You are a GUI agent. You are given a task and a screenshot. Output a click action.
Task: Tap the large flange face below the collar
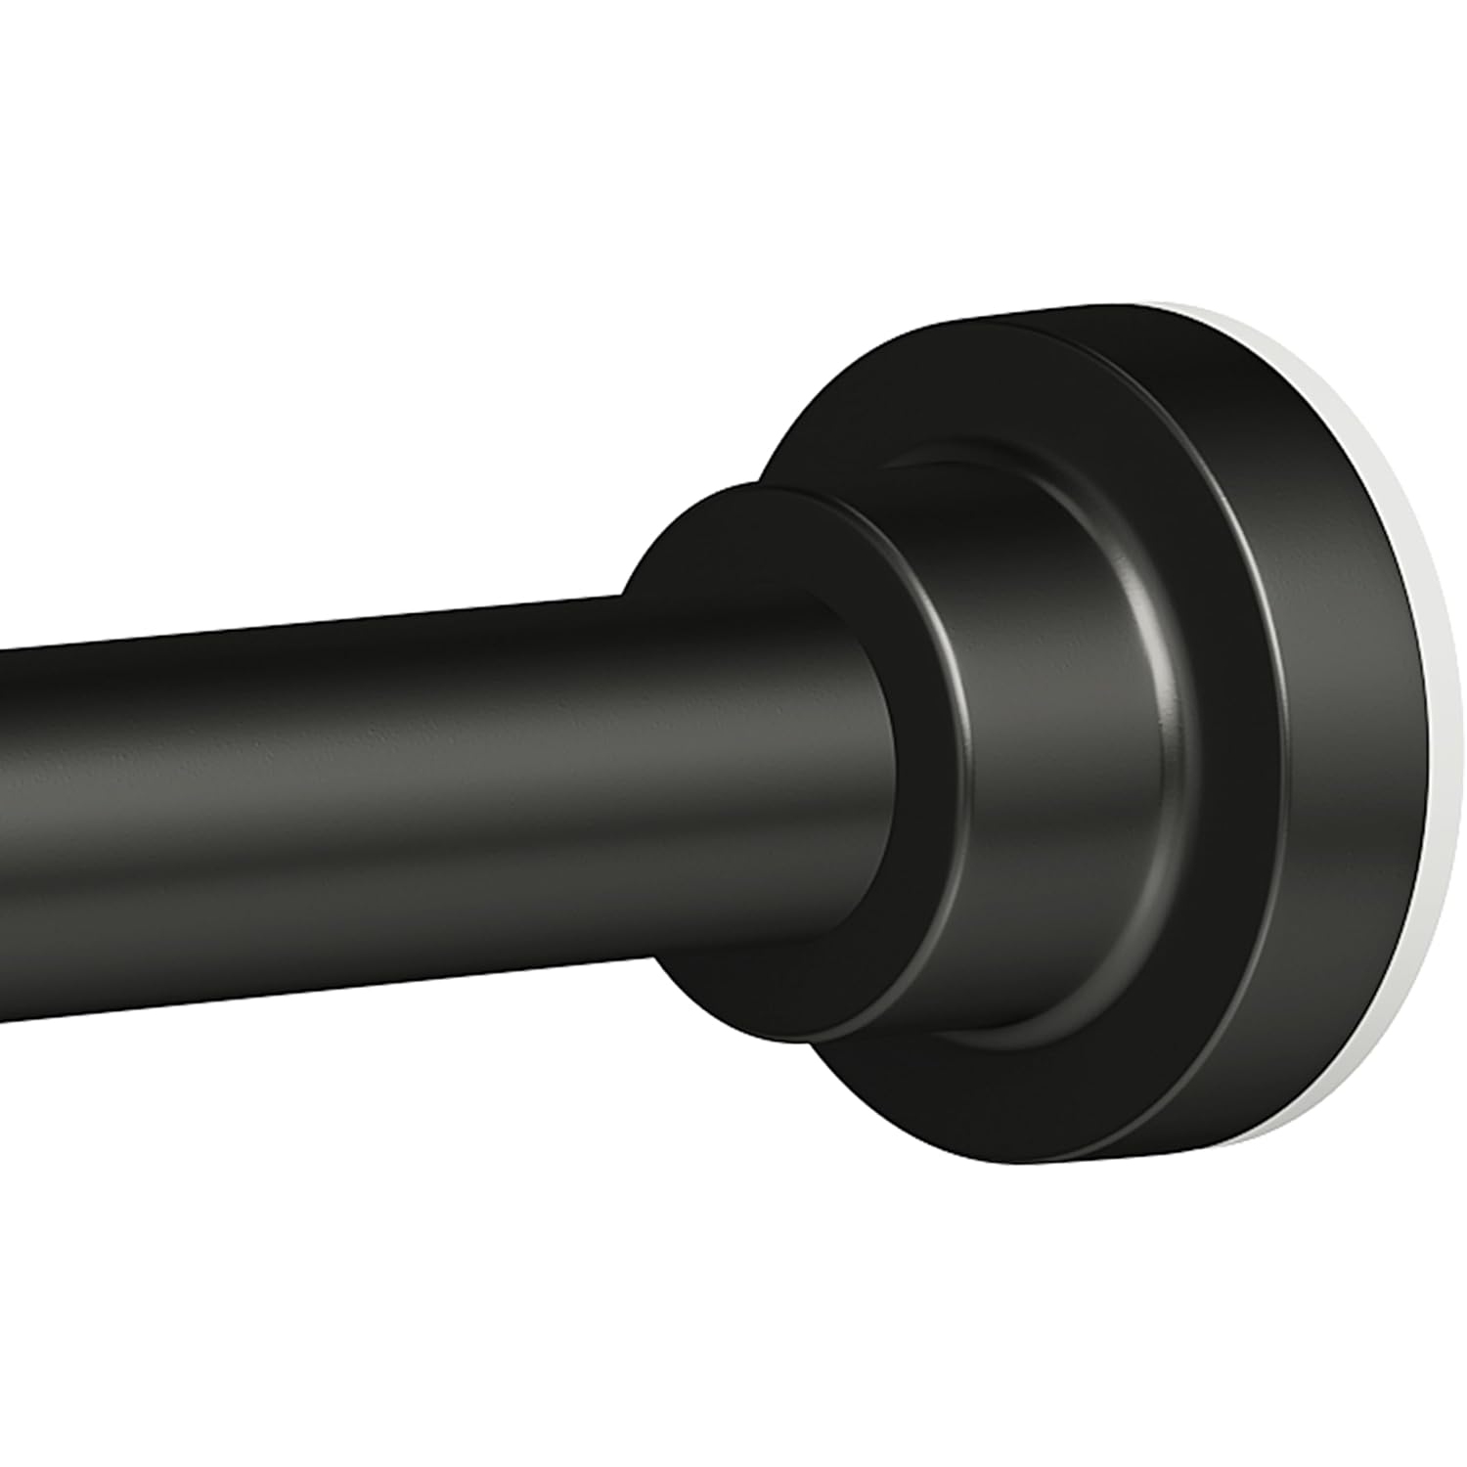tap(929, 1095)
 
